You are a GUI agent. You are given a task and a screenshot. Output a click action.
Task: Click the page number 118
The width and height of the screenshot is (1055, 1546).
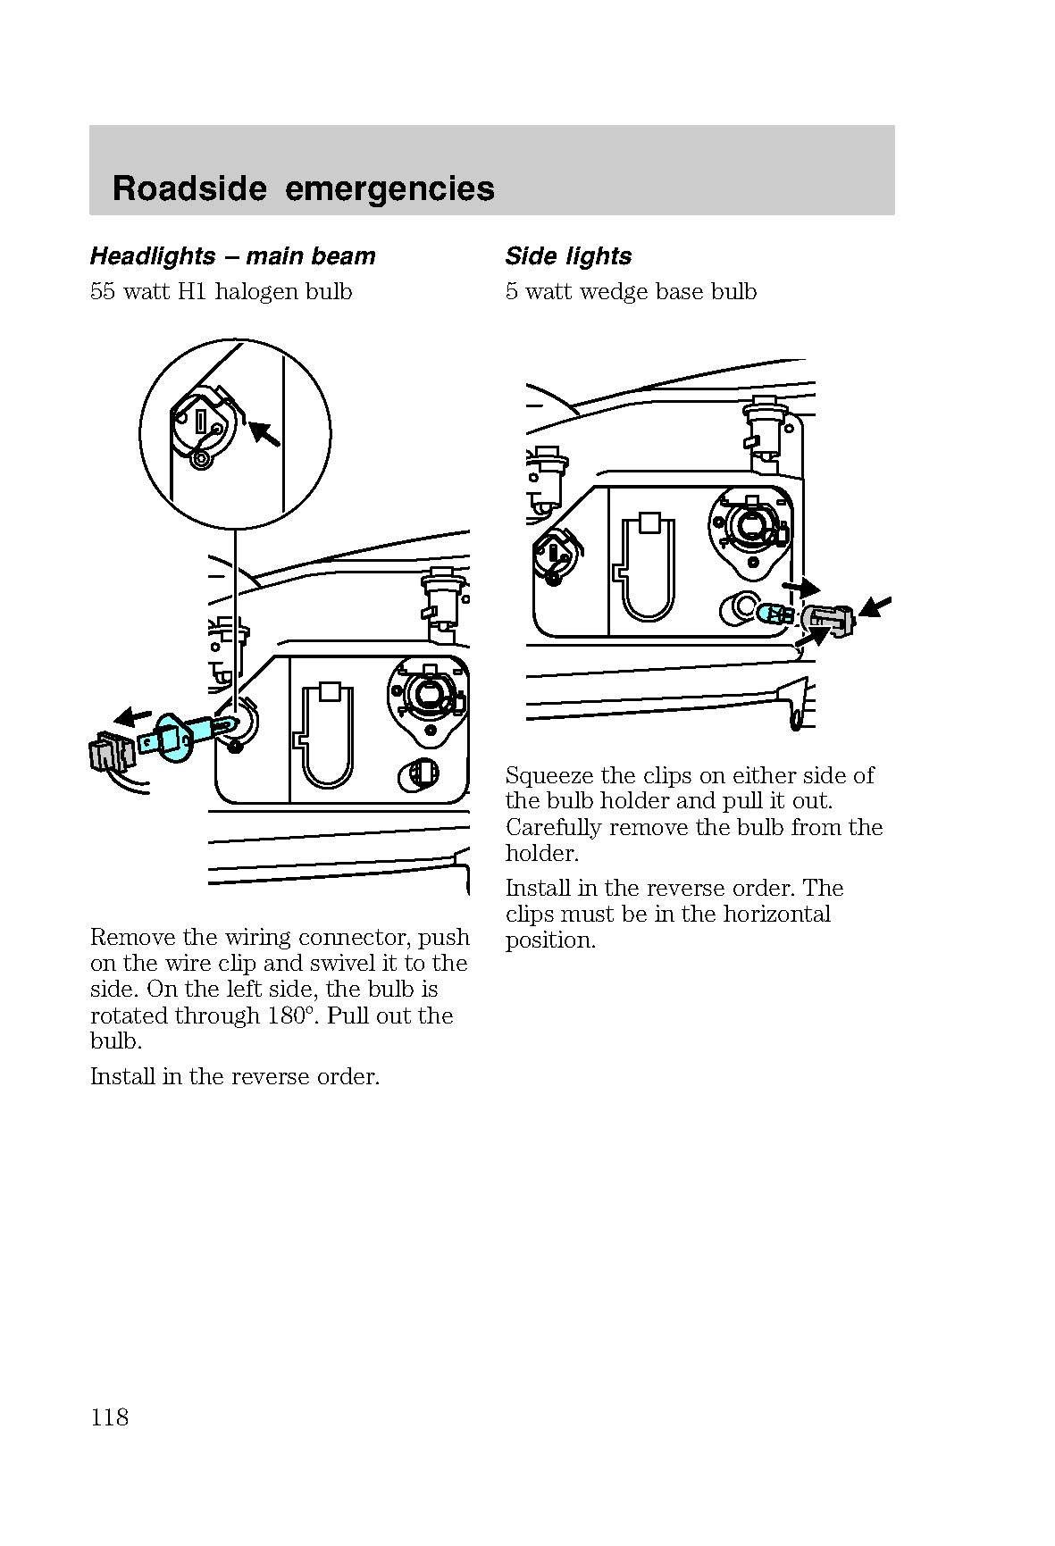[x=109, y=1417]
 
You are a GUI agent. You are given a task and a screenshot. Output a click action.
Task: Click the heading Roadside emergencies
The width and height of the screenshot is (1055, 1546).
[x=304, y=188]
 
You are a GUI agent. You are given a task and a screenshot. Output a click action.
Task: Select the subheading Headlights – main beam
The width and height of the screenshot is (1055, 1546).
[x=232, y=256]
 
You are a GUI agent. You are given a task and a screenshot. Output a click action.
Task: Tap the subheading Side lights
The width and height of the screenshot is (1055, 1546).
[x=568, y=256]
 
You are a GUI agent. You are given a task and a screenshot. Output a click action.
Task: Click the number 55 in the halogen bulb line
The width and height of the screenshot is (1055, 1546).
[x=104, y=292]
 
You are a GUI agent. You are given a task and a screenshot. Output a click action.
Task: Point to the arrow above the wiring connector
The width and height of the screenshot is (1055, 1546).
[x=133, y=715]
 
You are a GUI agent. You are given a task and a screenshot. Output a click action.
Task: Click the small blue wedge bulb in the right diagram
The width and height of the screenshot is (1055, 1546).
[x=775, y=614]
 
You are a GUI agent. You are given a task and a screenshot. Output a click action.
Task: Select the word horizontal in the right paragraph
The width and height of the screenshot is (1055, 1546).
[x=776, y=915]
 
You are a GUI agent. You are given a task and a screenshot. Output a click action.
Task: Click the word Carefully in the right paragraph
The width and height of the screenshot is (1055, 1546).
[x=554, y=828]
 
